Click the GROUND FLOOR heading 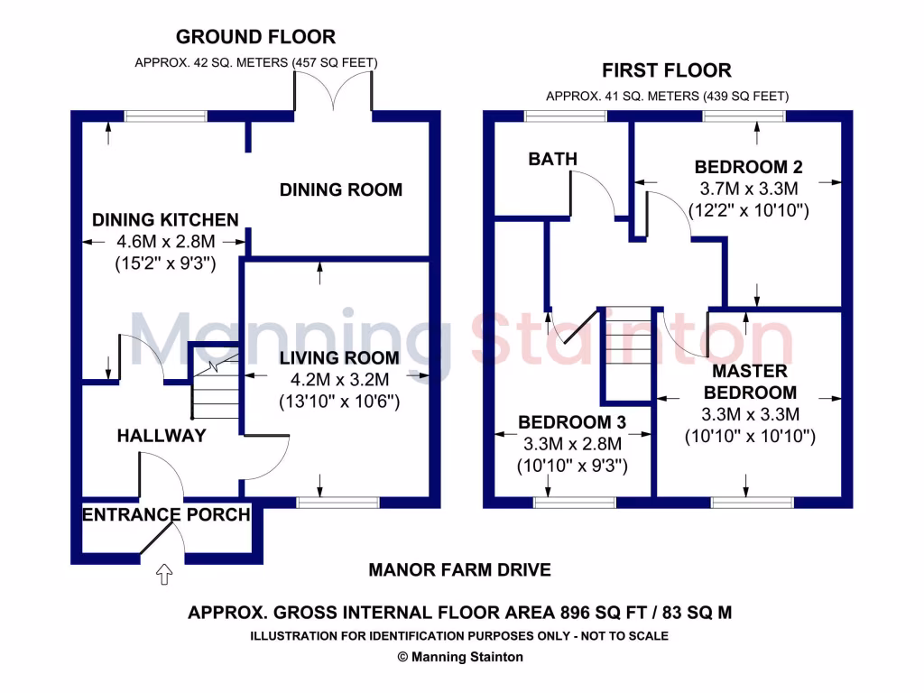point(255,37)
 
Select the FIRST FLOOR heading point(667,70)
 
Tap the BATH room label point(552,160)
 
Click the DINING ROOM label point(340,189)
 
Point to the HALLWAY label point(162,437)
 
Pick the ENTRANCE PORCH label point(166,515)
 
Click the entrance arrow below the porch point(164,573)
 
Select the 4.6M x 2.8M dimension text point(165,242)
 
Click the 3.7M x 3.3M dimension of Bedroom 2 point(749,189)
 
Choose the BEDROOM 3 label point(572,422)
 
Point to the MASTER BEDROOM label point(750,382)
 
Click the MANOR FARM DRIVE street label point(459,570)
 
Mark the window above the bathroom point(566,115)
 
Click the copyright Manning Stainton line point(460,657)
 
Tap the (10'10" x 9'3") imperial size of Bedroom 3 point(572,467)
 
